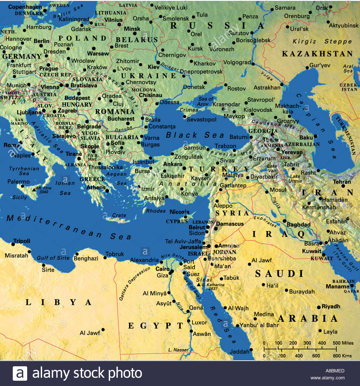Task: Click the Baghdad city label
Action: [x=298, y=224]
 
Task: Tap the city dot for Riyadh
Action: [x=319, y=307]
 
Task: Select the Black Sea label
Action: [x=195, y=135]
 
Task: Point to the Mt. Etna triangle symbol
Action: [x=34, y=190]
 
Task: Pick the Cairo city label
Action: [x=162, y=269]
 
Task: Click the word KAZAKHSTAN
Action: [x=317, y=54]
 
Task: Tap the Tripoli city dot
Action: [x=13, y=244]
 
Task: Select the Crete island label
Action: [x=119, y=215]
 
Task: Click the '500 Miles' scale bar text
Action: [x=343, y=343]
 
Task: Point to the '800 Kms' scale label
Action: [x=342, y=356]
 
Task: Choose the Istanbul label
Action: [x=143, y=162]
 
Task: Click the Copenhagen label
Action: [x=25, y=7]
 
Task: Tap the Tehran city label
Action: [x=342, y=182]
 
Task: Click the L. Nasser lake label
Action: [x=178, y=350]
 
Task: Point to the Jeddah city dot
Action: [x=251, y=350]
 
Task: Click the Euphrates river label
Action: [x=265, y=221]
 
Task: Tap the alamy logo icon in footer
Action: [x=20, y=373]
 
